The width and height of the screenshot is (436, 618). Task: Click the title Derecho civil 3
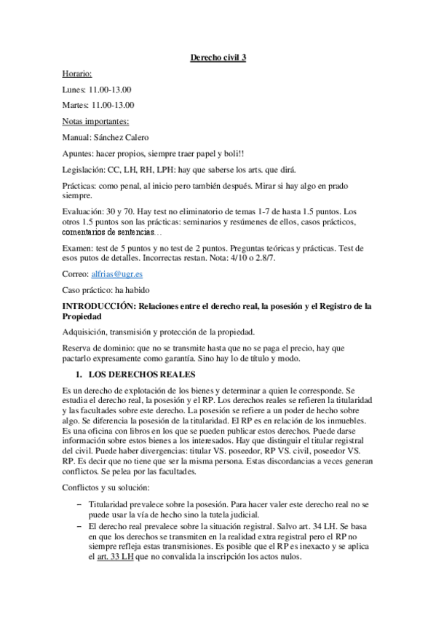tap(218, 58)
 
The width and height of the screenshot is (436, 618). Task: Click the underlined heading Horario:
tap(77, 74)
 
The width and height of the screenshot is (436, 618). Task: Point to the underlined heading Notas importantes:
tap(95, 121)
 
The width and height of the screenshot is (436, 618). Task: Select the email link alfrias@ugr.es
tap(111, 274)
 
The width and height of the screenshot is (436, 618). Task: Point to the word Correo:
tap(75, 274)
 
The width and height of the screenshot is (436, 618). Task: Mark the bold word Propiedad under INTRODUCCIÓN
tap(86, 318)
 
